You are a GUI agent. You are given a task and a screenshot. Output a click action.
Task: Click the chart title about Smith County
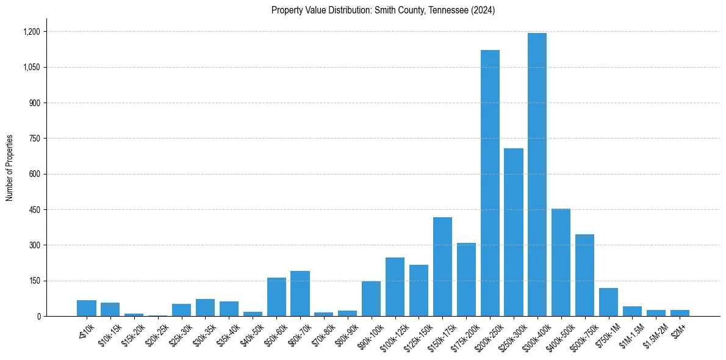pyautogui.click(x=383, y=10)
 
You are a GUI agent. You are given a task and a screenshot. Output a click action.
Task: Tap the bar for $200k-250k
pyautogui.click(x=490, y=183)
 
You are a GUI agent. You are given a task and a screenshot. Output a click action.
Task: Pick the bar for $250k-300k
pyautogui.click(x=514, y=232)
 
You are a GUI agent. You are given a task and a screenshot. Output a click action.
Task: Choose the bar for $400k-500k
pyautogui.click(x=561, y=262)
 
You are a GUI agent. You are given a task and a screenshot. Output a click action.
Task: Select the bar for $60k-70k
pyautogui.click(x=300, y=293)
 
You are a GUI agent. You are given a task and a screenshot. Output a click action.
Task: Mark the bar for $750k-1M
pyautogui.click(x=608, y=302)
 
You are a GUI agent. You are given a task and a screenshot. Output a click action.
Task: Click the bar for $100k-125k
pyautogui.click(x=395, y=287)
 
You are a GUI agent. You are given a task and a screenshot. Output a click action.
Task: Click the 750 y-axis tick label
pyautogui.click(x=34, y=139)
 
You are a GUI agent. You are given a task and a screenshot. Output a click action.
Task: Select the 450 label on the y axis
pyautogui.click(x=34, y=210)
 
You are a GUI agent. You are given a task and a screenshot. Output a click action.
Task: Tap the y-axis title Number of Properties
pyautogui.click(x=10, y=168)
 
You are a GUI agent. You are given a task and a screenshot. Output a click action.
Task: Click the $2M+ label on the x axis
pyautogui.click(x=679, y=328)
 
